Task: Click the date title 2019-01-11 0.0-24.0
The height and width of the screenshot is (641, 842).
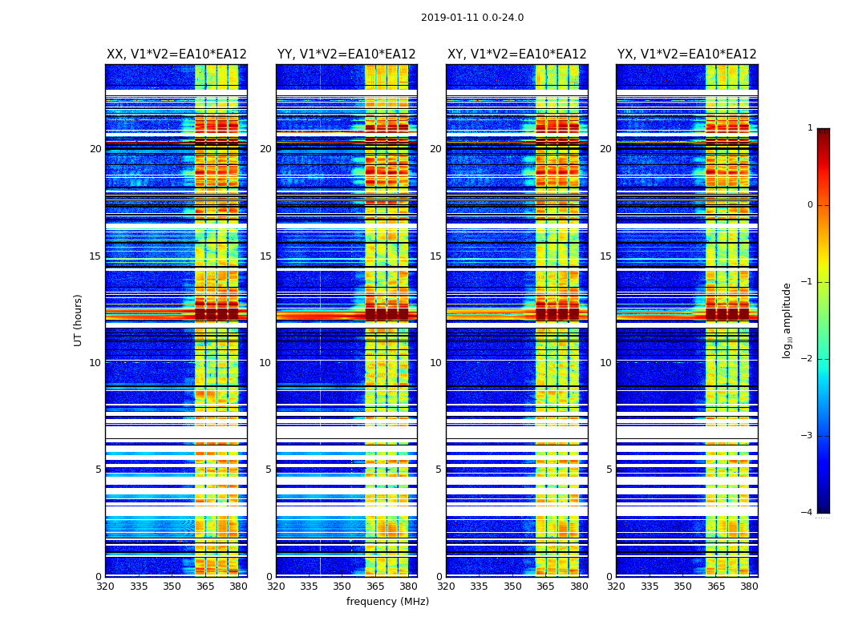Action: [x=472, y=18]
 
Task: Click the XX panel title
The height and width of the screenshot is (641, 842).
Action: [x=176, y=54]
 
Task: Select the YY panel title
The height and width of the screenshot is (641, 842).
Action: [x=346, y=54]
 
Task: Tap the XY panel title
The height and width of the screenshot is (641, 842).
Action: [x=516, y=54]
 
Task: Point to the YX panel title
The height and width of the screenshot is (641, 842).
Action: [x=686, y=54]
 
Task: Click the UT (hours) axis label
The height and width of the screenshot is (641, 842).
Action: [x=79, y=320]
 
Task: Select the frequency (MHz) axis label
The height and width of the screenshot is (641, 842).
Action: [x=387, y=602]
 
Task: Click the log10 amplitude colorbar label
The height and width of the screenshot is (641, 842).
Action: [x=787, y=320]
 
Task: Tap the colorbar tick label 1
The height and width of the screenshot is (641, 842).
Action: [x=810, y=128]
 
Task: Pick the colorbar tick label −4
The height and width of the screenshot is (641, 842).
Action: [x=808, y=513]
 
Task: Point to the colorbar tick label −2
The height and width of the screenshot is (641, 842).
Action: [x=808, y=359]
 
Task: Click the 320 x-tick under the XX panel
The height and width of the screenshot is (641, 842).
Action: [x=105, y=587]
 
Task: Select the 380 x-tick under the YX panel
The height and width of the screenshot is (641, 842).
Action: [x=749, y=587]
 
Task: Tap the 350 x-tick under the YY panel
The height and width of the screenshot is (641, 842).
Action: [x=342, y=587]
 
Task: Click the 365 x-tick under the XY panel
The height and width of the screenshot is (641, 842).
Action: [x=545, y=587]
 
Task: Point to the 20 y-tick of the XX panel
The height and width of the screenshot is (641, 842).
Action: [x=95, y=149]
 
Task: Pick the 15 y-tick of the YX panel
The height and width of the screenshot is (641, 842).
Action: [x=609, y=256]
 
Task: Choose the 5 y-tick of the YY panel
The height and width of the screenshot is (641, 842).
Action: [x=269, y=470]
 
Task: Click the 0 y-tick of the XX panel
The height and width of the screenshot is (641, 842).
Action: [x=99, y=576]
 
